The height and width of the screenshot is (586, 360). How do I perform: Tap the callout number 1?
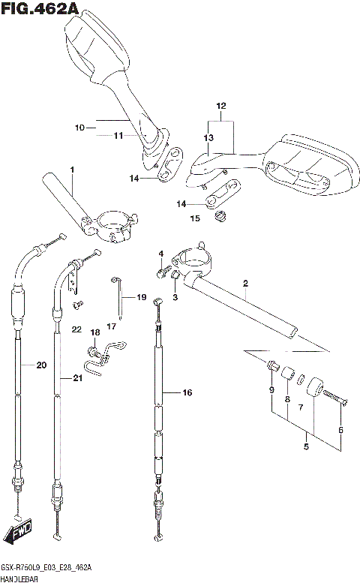72,171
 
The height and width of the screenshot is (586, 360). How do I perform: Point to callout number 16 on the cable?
187,392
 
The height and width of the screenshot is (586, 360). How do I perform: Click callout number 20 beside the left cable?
40,365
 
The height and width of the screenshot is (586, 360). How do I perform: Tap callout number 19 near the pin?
141,298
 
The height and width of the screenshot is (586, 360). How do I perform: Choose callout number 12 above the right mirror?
220,106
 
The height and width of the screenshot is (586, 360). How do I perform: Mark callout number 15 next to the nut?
195,218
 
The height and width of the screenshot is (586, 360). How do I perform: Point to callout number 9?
271,389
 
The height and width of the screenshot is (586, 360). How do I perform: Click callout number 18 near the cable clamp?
94,332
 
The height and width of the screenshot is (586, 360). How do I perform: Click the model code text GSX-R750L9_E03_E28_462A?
46,568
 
